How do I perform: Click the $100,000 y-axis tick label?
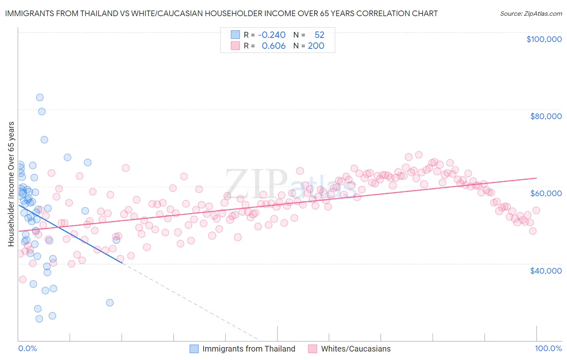tap(544, 39)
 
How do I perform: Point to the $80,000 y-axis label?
tap(546, 116)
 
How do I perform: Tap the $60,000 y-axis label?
tap(546, 193)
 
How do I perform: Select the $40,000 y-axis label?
tap(546, 270)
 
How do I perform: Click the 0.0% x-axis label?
tap(27, 348)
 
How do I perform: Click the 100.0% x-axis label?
tap(548, 348)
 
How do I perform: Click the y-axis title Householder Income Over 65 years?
tap(11, 184)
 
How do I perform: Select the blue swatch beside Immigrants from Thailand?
tap(194, 349)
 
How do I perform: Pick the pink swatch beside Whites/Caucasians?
tap(313, 349)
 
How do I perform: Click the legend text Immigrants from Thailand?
tap(248, 349)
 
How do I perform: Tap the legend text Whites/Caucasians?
tap(356, 349)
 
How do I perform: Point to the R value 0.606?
tap(273, 46)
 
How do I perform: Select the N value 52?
tap(319, 35)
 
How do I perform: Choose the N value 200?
tap(316, 46)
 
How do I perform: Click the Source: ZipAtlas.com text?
tap(531, 14)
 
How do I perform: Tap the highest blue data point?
tap(40, 97)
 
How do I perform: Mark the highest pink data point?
tap(419, 155)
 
